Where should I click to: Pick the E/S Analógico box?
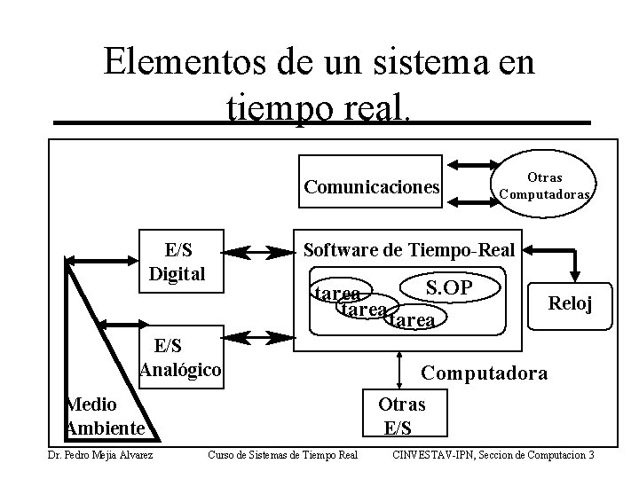point(180,357)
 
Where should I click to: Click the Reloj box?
point(569,304)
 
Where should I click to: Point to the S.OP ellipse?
point(448,287)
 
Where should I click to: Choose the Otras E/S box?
point(401,416)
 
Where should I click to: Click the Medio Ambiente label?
point(105,416)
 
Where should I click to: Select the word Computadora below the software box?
point(484,373)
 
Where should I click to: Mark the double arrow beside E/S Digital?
point(267,254)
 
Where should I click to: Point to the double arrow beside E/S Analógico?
point(267,337)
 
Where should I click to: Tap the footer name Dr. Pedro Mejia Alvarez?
point(99,456)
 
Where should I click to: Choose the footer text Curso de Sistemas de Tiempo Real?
point(281,456)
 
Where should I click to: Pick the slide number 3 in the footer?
point(590,456)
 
